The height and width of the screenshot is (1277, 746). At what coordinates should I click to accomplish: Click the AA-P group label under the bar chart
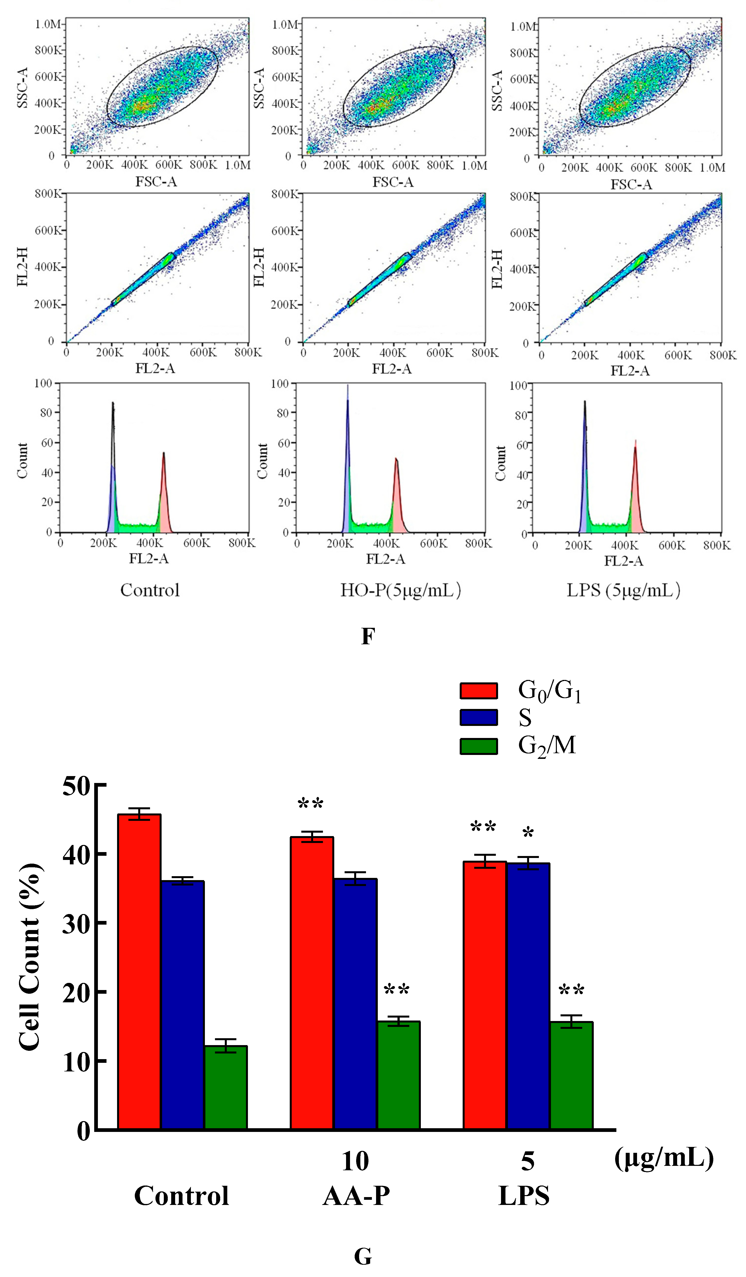click(356, 1196)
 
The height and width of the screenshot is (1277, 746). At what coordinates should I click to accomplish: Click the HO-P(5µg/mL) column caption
click(400, 590)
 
